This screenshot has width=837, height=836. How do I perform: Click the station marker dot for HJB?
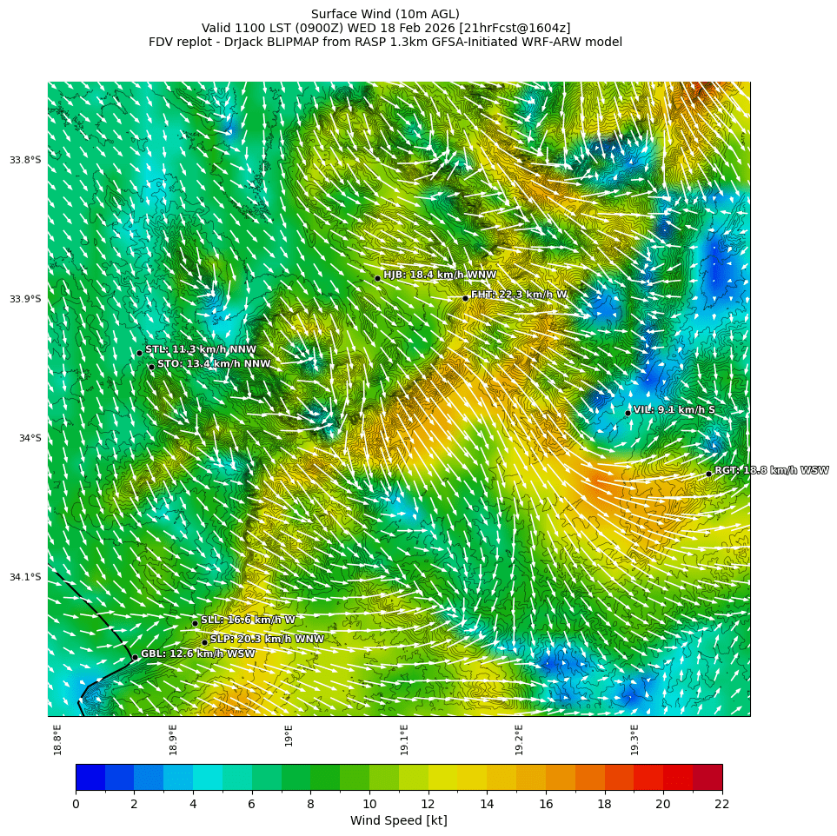pyautogui.click(x=377, y=278)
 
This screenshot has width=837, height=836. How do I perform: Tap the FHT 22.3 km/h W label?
pyautogui.click(x=519, y=295)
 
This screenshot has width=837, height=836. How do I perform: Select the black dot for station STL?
pyautogui.click(x=139, y=353)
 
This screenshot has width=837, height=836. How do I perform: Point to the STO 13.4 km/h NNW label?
pyautogui.click(x=214, y=364)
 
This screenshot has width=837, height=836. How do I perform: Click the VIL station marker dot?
pyautogui.click(x=628, y=413)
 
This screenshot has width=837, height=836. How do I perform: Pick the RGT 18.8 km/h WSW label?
pyautogui.click(x=772, y=471)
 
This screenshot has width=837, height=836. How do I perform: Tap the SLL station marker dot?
pyautogui.click(x=195, y=623)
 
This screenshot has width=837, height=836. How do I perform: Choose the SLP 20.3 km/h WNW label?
pyautogui.click(x=267, y=640)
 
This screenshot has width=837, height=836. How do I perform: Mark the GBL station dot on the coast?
pyautogui.click(x=135, y=658)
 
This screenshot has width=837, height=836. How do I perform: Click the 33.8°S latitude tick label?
pyautogui.click(x=25, y=160)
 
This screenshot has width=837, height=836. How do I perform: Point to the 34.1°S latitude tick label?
pyautogui.click(x=25, y=577)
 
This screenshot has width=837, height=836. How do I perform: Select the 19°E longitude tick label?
pyautogui.click(x=289, y=735)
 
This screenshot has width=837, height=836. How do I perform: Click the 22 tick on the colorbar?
pyautogui.click(x=721, y=804)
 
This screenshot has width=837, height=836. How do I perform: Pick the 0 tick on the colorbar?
pyautogui.click(x=76, y=804)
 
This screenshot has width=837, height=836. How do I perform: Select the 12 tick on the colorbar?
pyautogui.click(x=428, y=804)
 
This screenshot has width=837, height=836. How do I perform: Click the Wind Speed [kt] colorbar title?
pyautogui.click(x=398, y=820)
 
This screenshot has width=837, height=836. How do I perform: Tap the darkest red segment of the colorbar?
pyautogui.click(x=707, y=777)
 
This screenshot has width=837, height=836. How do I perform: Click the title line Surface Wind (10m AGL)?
pyautogui.click(x=385, y=14)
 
